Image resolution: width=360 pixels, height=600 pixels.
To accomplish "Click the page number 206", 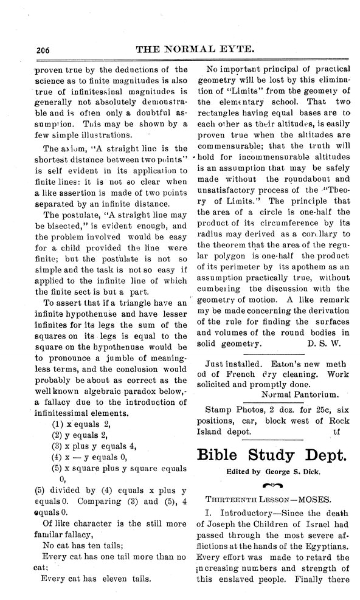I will (x=26, y=50).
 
